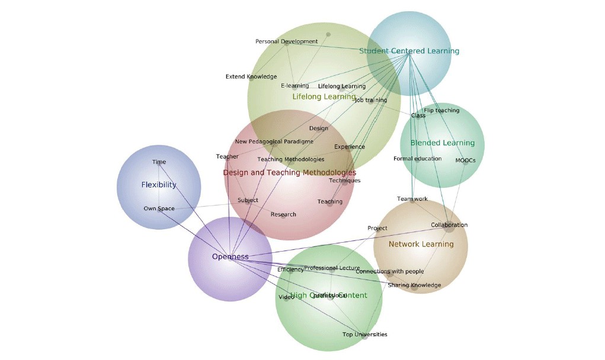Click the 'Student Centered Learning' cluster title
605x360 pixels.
(x=409, y=51)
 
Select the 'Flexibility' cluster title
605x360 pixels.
(x=159, y=185)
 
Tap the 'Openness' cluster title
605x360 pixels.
(x=230, y=256)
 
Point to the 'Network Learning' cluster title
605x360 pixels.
(x=421, y=244)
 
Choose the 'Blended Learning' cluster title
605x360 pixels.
(x=442, y=143)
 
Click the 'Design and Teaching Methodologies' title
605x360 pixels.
(x=289, y=172)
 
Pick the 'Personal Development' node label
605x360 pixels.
(x=286, y=41)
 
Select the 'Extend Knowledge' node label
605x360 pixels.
(x=251, y=76)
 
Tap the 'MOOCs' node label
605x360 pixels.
(x=465, y=160)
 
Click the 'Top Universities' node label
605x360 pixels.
(x=364, y=335)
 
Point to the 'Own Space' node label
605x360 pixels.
(x=159, y=208)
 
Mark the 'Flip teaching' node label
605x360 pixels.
(x=441, y=111)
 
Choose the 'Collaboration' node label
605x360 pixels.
(x=449, y=225)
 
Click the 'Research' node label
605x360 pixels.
(x=283, y=214)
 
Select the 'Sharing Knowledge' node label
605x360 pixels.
(x=414, y=285)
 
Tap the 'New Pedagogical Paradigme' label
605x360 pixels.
(x=274, y=142)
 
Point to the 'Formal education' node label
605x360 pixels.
(x=417, y=159)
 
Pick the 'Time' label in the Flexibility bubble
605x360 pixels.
(x=159, y=162)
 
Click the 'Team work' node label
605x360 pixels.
(x=412, y=199)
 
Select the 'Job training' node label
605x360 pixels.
(x=370, y=100)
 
